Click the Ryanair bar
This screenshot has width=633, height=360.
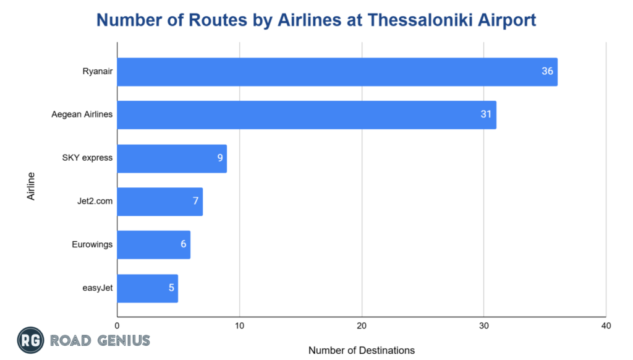tap(337, 72)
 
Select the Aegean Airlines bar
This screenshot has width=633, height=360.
tap(307, 115)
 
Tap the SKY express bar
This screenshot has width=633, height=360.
tap(172, 158)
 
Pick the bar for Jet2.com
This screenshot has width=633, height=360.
tap(159, 202)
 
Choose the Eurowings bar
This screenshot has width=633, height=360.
tap(153, 245)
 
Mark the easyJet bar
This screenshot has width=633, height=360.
tap(147, 288)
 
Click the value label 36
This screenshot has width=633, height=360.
tap(547, 72)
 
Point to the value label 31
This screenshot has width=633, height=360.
tap(486, 115)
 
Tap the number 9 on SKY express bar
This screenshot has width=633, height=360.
tap(219, 158)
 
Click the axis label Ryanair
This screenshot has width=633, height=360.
tap(98, 71)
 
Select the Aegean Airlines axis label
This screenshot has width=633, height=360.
tap(82, 114)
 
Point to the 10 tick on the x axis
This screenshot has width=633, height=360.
tap(239, 325)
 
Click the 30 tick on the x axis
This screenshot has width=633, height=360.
tap(484, 325)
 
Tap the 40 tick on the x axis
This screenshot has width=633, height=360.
tap(606, 325)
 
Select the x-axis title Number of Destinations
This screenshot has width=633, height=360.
tap(362, 350)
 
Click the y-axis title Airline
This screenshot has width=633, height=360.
tap(31, 186)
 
